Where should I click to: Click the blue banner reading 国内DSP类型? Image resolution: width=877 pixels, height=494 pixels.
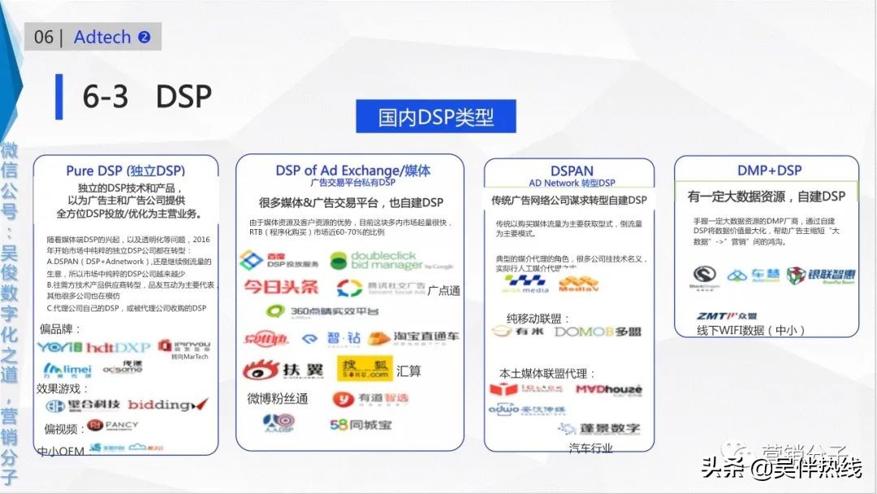(x=435, y=116)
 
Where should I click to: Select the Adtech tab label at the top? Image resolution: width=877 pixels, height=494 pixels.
(x=102, y=37)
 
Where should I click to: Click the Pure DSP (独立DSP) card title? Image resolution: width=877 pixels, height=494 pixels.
(x=126, y=171)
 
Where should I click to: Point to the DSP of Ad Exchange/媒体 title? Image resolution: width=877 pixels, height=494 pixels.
(x=353, y=171)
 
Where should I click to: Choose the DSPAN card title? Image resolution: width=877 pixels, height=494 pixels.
(x=572, y=171)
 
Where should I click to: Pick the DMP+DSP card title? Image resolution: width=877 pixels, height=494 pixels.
(x=769, y=170)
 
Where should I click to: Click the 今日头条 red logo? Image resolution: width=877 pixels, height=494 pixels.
(x=281, y=287)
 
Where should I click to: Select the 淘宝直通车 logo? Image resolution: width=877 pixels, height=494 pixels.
(x=413, y=337)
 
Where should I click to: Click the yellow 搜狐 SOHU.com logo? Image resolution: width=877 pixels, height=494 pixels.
(x=365, y=369)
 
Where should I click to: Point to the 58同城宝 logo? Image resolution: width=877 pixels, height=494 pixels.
(x=361, y=424)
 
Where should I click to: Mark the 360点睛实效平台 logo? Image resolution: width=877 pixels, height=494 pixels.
(x=322, y=311)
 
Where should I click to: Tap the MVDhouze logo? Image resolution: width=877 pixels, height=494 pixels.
(x=609, y=389)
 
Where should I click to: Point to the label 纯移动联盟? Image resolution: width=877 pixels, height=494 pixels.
(x=538, y=318)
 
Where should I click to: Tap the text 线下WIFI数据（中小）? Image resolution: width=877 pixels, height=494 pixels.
(x=751, y=331)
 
